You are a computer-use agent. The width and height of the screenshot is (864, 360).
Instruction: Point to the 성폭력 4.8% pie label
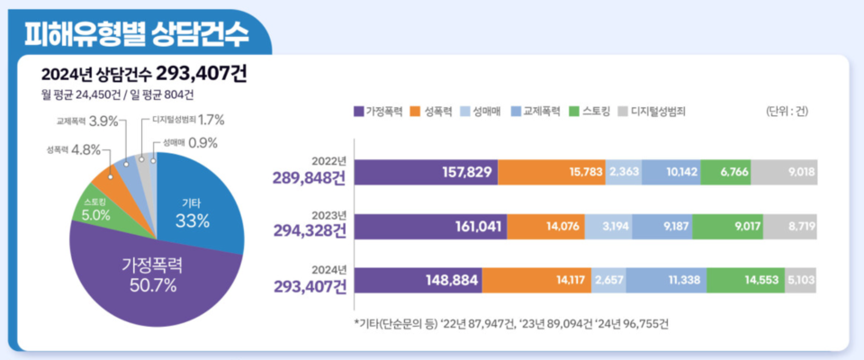[x=72, y=149]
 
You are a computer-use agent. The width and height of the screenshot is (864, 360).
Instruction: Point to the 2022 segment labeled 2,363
[x=624, y=171]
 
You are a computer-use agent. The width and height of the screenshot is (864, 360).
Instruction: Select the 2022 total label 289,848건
[x=310, y=177]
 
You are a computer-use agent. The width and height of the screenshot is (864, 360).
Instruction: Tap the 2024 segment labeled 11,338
[x=661, y=280]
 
